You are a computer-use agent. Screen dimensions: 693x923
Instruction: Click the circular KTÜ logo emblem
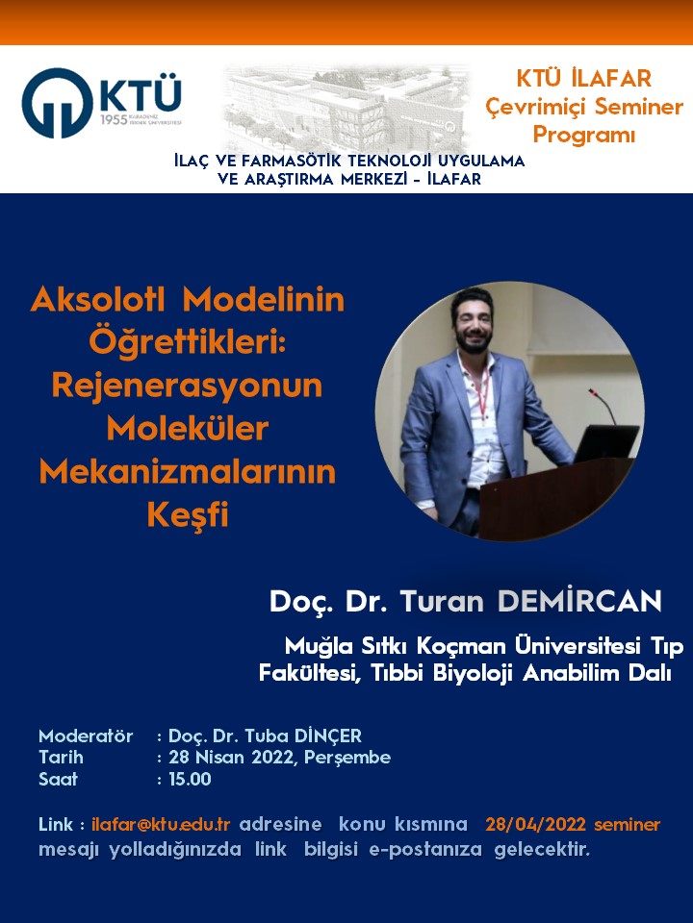[57, 103]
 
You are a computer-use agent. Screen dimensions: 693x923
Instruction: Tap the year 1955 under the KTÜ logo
[114, 120]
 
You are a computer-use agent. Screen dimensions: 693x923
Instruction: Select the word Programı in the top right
[584, 135]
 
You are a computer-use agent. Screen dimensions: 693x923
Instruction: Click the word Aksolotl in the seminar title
[98, 299]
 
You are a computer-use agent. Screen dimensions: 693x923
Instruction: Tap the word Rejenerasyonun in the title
[187, 387]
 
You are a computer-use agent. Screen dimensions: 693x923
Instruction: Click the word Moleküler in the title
[188, 429]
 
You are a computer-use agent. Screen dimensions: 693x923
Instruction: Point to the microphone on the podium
[603, 406]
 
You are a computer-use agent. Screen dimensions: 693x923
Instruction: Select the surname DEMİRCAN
[579, 602]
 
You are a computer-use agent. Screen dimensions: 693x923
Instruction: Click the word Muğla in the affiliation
[319, 647]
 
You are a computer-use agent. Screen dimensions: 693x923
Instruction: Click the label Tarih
[61, 757]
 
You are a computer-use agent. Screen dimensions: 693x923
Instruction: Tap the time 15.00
[190, 780]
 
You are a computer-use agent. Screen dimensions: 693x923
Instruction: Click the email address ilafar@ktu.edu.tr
[161, 824]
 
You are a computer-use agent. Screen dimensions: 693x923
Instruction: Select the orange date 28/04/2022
[535, 824]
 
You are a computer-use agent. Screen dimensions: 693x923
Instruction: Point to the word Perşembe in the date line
[347, 758]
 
